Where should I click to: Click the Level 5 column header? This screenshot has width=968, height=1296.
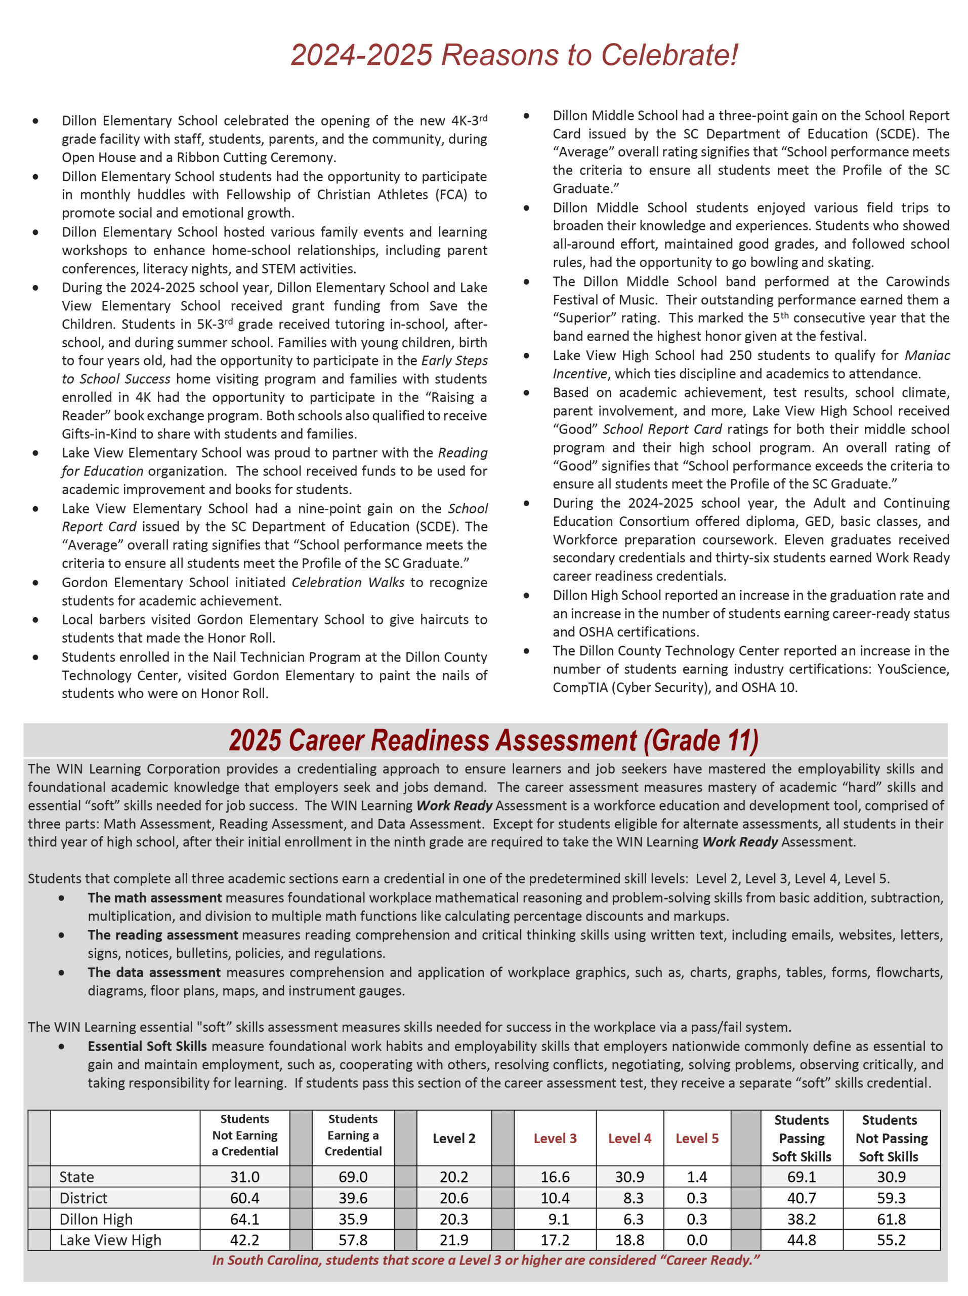(696, 1138)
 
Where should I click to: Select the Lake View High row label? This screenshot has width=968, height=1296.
(110, 1240)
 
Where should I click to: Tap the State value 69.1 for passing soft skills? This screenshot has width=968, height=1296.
(801, 1177)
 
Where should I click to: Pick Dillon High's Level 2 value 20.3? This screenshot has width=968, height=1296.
(454, 1219)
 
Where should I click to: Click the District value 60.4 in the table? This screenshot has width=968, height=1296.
(244, 1198)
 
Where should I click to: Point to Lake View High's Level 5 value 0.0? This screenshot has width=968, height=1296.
(696, 1240)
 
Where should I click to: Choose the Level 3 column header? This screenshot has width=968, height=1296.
(555, 1138)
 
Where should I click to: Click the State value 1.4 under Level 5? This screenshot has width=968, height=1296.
(696, 1177)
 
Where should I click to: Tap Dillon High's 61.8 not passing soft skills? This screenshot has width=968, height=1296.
(891, 1219)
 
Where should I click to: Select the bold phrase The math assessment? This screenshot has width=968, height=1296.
(155, 898)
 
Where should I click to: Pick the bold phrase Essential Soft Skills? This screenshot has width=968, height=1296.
(147, 1046)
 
